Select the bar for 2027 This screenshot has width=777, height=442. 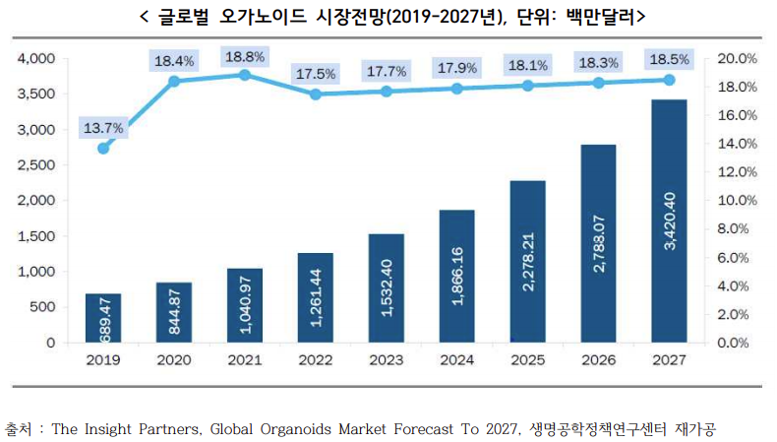tap(669, 221)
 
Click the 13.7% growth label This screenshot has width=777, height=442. tap(103, 127)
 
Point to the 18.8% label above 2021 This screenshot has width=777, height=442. tap(245, 56)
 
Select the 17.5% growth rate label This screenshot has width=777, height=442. tap(315, 74)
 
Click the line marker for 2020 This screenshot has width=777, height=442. tap(174, 81)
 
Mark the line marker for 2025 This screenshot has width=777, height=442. tap(528, 86)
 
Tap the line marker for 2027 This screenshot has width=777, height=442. tap(670, 80)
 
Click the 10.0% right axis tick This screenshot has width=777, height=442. tap(735, 201)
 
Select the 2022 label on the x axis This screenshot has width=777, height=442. tap(315, 361)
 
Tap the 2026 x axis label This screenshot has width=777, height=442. tap(598, 361)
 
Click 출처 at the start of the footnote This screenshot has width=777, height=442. tap(19, 429)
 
